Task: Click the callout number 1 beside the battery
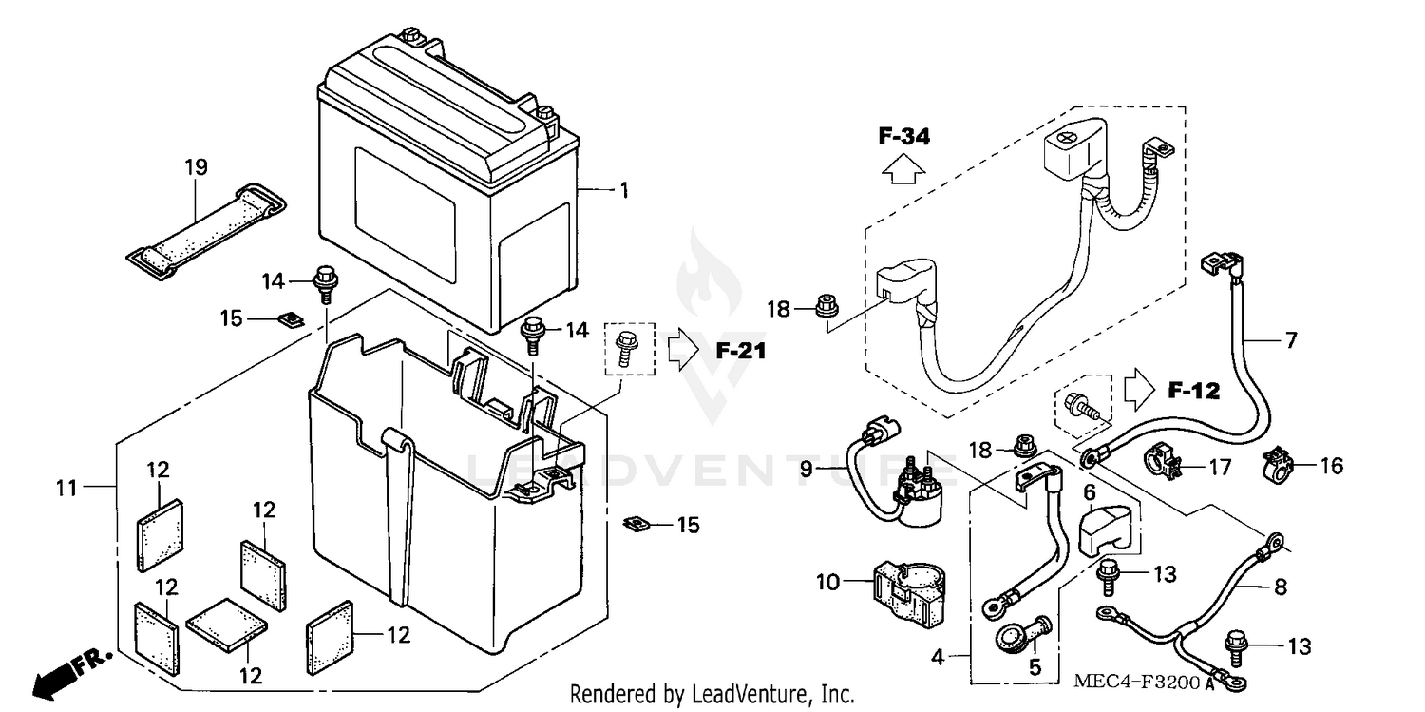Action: (x=623, y=191)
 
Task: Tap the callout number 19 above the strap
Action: (x=195, y=168)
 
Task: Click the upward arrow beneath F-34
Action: (x=902, y=170)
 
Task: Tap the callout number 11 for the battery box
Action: (x=66, y=490)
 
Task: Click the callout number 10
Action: (x=827, y=581)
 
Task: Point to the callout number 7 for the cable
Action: (x=1290, y=339)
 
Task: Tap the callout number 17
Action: (x=1220, y=467)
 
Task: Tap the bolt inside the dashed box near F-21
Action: (x=626, y=348)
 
